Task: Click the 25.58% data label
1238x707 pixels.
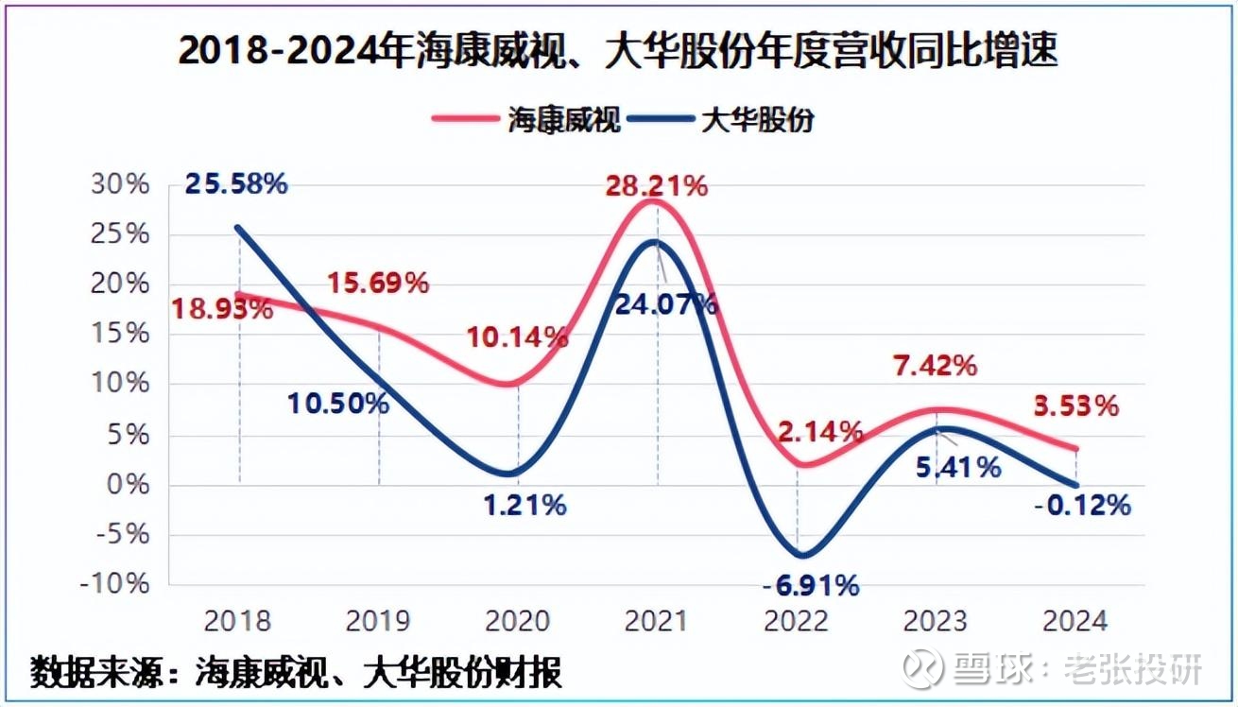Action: [x=235, y=183]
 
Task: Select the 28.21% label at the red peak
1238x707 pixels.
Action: [x=657, y=186]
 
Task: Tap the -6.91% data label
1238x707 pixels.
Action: [x=811, y=586]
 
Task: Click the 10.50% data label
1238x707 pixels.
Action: [x=338, y=404]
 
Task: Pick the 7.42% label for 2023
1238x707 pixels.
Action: [x=936, y=366]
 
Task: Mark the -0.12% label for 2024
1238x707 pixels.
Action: [x=1082, y=506]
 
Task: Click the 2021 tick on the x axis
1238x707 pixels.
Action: [x=658, y=621]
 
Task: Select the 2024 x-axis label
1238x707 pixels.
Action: [x=1075, y=621]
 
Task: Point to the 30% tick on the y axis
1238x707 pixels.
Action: [x=120, y=184]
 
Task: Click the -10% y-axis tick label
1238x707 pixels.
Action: [x=115, y=584]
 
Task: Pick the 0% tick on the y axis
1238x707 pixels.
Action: [x=128, y=484]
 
